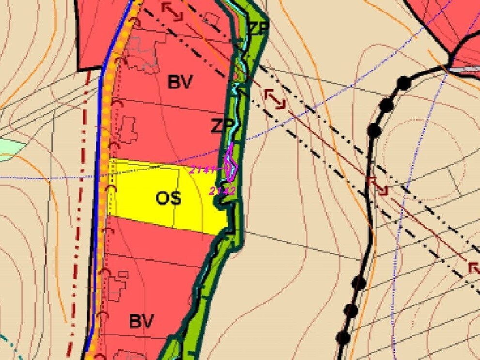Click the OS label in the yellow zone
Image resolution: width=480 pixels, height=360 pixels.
169,198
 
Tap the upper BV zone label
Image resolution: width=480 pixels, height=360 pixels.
180,82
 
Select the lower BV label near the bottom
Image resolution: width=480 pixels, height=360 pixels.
141,321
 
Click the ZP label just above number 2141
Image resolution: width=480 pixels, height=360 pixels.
222,126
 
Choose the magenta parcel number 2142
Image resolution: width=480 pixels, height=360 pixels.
222,191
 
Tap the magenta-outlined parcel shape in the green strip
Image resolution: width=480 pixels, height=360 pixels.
232,162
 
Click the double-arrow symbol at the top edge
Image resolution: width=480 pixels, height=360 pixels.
172,11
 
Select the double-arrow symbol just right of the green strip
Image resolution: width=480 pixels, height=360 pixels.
275,98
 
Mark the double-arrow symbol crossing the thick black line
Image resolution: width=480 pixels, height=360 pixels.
378,186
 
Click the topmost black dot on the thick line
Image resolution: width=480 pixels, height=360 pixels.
403,83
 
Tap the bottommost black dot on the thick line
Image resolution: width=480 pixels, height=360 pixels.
343,338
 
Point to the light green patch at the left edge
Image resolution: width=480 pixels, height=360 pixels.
10,149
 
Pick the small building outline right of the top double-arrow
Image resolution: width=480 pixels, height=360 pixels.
212,18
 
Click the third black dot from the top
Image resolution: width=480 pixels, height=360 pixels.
373,129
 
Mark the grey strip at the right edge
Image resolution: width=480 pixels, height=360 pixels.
467,70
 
